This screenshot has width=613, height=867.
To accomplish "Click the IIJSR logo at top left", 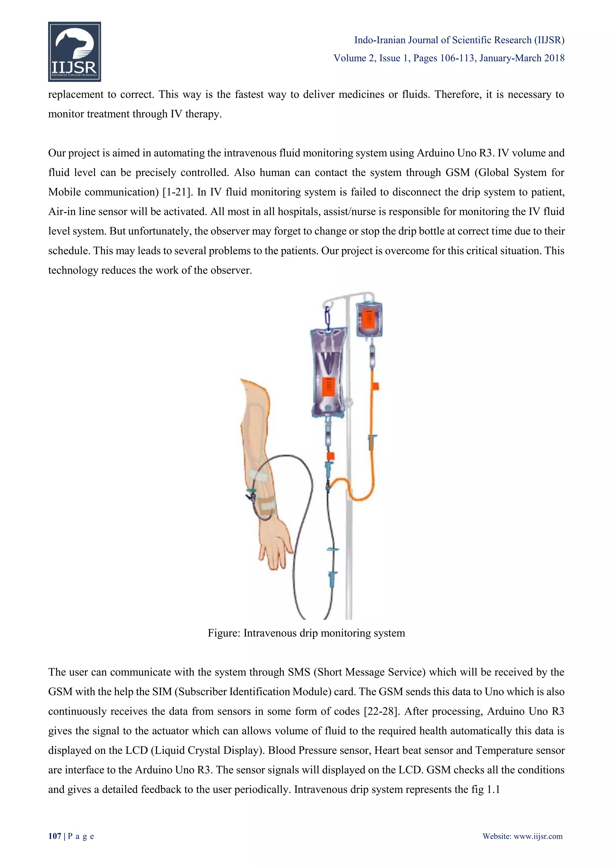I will tap(74, 52).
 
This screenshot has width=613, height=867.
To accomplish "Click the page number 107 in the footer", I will tap(54, 847).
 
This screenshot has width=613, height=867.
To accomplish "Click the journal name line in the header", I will tap(459, 40).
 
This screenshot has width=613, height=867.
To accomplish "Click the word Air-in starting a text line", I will tap(61, 212).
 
